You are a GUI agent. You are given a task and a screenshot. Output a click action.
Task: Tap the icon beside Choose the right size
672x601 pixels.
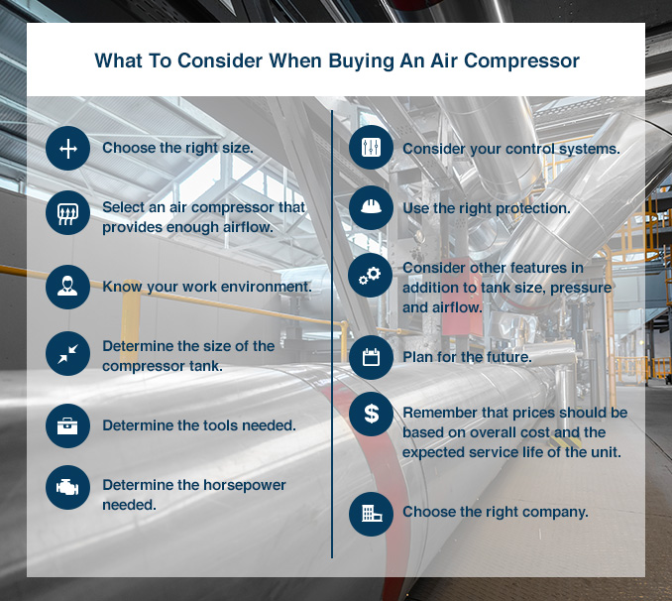point(67,149)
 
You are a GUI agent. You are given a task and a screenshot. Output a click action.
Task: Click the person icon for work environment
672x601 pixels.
point(67,287)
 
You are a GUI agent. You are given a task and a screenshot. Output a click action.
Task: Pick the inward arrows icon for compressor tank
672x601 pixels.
point(67,354)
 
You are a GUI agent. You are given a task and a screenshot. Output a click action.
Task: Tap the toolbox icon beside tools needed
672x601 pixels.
point(67,425)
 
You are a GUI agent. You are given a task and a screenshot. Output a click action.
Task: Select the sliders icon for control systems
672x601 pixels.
point(371,148)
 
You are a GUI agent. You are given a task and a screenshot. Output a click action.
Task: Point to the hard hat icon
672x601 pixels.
point(371,208)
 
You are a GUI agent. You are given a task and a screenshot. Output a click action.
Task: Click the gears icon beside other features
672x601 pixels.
point(371,278)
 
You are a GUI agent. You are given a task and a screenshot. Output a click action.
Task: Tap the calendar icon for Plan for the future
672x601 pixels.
point(371,357)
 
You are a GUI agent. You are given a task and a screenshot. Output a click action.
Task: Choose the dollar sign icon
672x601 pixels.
point(371,415)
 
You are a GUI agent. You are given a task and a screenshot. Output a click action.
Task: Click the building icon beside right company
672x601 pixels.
point(371,513)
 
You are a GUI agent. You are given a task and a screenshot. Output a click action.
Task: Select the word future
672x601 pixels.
point(505,357)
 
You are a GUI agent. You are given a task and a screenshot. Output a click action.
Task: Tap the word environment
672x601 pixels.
point(265,287)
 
